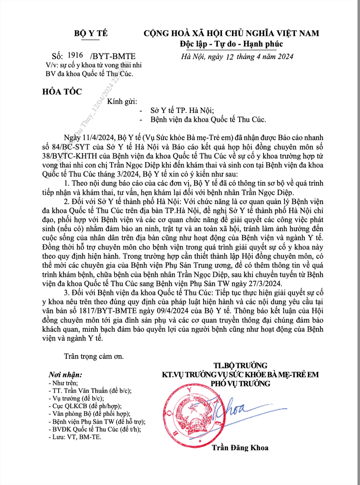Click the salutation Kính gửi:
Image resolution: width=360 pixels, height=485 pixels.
118,102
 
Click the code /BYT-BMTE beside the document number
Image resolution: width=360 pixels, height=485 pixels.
113,56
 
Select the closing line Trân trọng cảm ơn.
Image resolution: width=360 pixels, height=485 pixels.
94,356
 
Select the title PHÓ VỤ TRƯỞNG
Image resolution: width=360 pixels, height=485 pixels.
240,383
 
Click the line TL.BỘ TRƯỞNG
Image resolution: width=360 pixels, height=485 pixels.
240,366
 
